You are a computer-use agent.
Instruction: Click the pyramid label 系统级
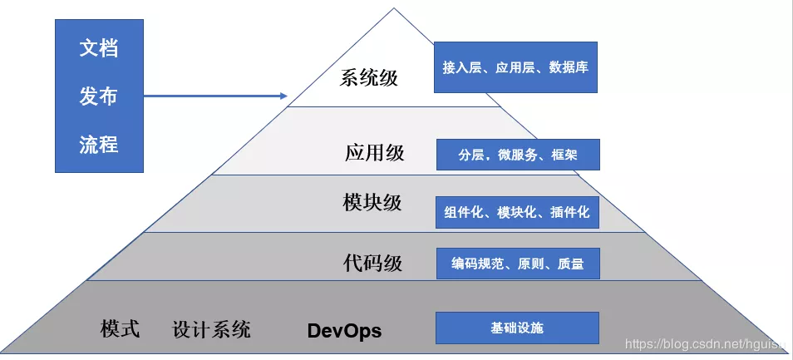369,79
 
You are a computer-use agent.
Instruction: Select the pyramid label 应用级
374,153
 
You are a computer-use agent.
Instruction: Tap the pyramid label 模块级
372,203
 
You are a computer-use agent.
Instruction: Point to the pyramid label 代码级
372,264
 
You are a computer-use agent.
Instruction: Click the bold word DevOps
344,331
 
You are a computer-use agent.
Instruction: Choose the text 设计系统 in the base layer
211,329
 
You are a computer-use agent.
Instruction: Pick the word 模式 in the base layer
120,328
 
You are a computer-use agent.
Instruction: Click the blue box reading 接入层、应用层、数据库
515,67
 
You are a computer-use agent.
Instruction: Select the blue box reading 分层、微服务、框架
517,155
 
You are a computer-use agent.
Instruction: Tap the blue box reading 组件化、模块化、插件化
517,213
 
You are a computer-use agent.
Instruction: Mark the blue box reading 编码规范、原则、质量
517,264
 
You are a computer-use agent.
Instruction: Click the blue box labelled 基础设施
517,328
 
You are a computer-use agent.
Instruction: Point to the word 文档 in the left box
99,48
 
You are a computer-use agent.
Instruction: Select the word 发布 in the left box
99,96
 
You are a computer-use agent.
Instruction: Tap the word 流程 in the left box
99,145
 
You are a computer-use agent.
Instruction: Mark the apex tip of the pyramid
394,9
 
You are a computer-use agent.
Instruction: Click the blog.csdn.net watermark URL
707,344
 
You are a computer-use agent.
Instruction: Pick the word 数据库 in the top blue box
569,67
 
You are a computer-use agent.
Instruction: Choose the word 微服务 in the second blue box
516,155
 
